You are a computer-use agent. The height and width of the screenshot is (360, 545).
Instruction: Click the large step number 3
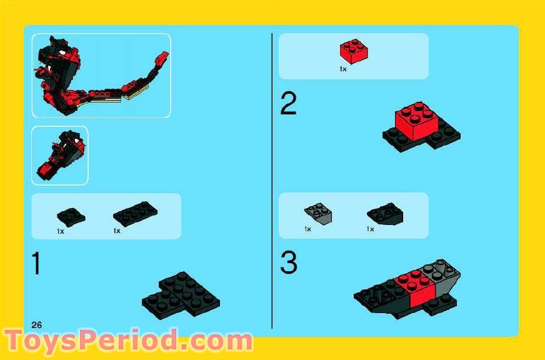point(288,263)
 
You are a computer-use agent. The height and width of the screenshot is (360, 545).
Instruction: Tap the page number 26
point(36,324)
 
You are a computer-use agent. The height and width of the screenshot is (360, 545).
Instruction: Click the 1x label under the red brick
point(343,69)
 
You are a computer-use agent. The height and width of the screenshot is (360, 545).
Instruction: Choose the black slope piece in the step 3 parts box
point(385,214)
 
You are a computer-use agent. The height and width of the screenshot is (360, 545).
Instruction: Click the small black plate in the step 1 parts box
point(71,216)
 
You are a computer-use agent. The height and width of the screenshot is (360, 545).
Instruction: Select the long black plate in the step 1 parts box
point(134,214)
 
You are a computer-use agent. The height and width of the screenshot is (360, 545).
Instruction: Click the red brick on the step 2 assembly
point(413,120)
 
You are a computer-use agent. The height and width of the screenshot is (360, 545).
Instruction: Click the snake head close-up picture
point(60,156)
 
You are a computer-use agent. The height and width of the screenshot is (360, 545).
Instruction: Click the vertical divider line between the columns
point(272,181)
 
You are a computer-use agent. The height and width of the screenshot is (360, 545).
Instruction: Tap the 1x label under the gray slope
point(307,229)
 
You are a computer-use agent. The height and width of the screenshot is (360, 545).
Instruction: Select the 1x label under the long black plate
point(117,231)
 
